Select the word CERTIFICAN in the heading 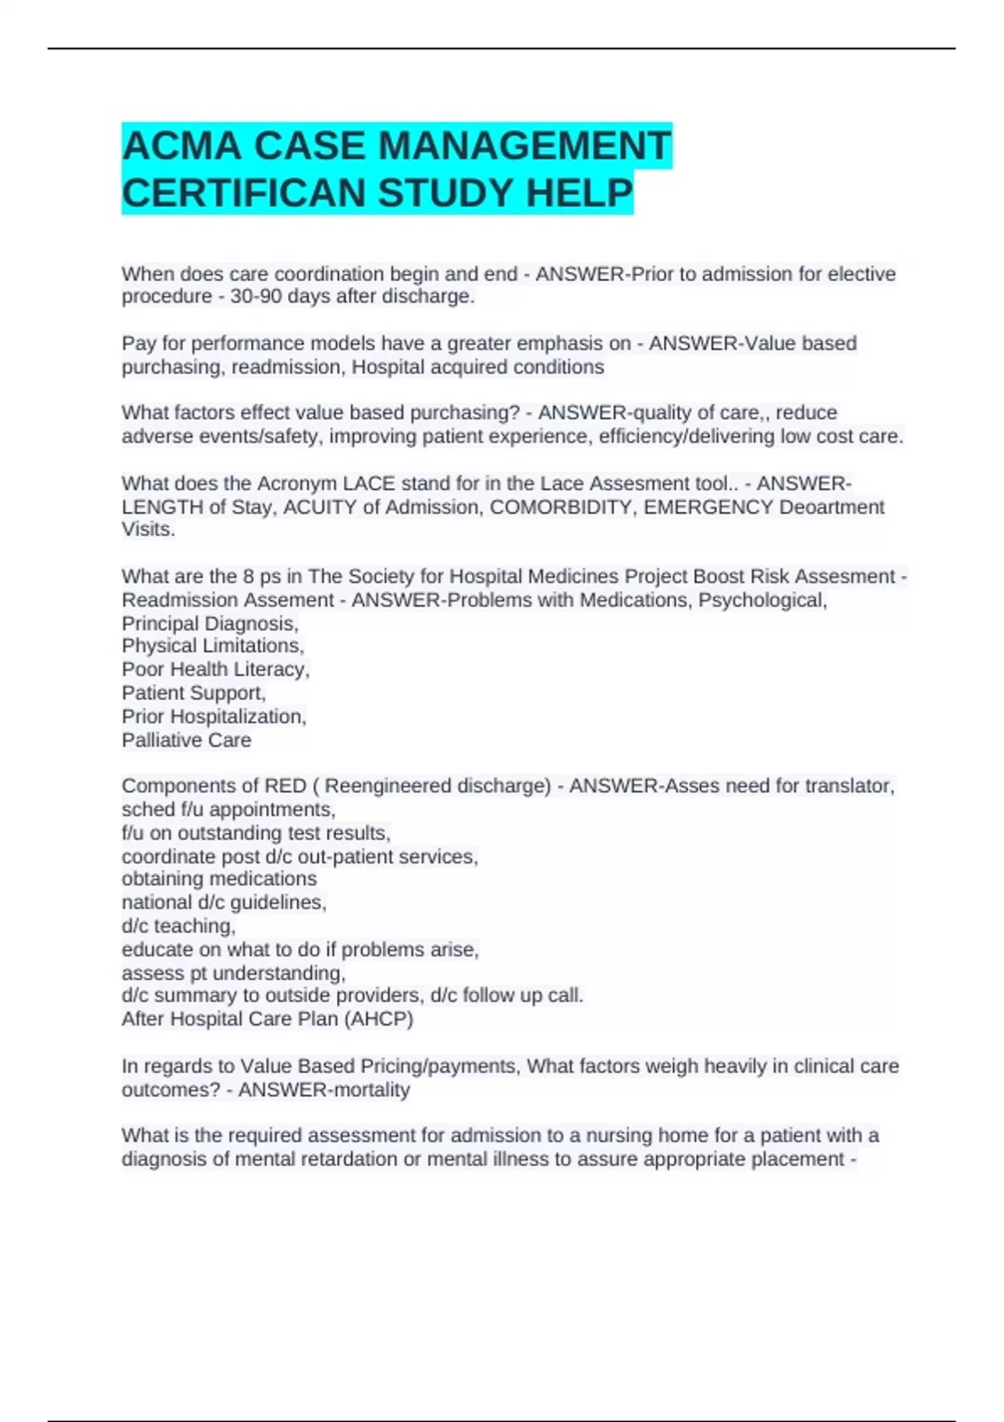tap(244, 193)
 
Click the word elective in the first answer tap(861, 274)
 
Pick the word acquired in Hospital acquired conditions tap(446, 367)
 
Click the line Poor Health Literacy tap(215, 670)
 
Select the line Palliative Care tap(186, 740)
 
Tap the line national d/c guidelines tap(223, 903)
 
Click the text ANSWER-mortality tap(324, 1090)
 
